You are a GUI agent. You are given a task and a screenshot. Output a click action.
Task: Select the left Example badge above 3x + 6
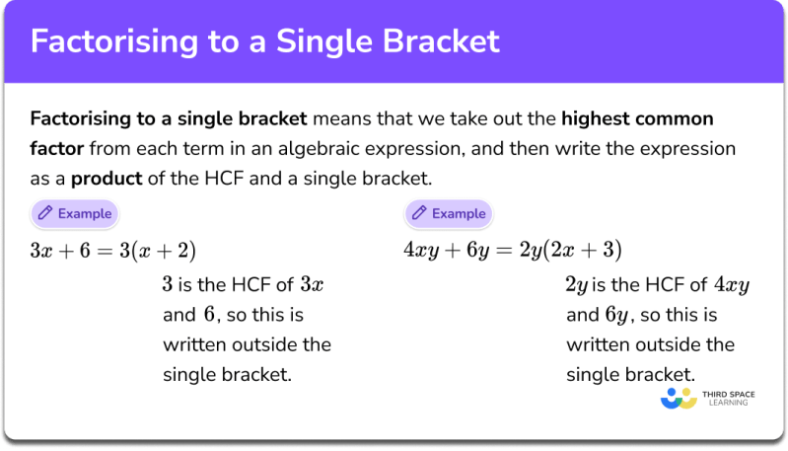pos(74,213)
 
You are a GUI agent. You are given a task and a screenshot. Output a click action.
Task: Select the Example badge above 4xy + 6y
pos(448,213)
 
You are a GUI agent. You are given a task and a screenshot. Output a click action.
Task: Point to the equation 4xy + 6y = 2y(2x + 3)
pos(513,250)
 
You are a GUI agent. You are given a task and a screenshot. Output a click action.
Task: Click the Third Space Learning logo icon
pos(680,400)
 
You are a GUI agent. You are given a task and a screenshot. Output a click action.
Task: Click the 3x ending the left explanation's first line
pos(311,286)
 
